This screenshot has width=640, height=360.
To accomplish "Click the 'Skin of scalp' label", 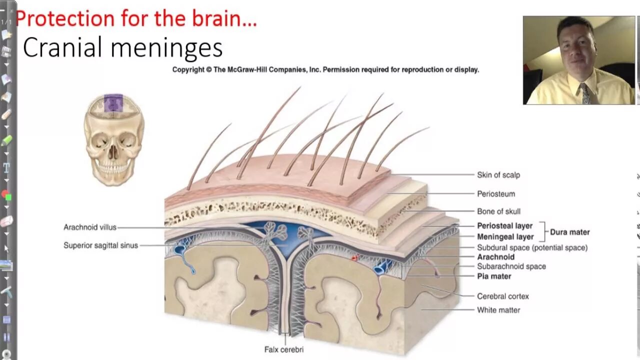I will (x=498, y=175).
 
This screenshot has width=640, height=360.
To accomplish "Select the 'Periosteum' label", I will (x=495, y=194).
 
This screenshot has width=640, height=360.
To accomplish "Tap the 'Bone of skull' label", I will (x=498, y=211).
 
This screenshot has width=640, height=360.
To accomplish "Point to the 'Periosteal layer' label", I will (x=504, y=226).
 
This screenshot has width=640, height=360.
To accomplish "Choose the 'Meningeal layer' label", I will (x=505, y=237).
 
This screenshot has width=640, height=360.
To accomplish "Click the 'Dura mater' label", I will (x=569, y=232).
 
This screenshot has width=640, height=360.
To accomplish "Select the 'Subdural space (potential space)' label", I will (x=532, y=247).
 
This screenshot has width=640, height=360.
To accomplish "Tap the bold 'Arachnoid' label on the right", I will (x=495, y=257).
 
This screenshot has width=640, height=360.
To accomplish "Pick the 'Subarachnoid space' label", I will (x=511, y=266).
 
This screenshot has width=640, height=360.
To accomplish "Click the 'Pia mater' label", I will (x=493, y=276).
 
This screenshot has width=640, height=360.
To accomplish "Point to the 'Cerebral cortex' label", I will (x=502, y=296).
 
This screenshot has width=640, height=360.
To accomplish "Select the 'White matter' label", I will (x=498, y=310).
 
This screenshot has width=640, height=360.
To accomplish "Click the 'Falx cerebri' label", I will (x=283, y=349).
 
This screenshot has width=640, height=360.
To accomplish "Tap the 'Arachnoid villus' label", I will (x=90, y=227).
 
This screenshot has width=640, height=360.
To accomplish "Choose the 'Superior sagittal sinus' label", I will (x=100, y=245).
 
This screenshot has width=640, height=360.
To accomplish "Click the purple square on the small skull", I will (x=113, y=102).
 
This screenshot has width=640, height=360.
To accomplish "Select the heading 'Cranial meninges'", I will (x=122, y=48).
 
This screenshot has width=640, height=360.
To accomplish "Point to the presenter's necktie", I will (x=584, y=93).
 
